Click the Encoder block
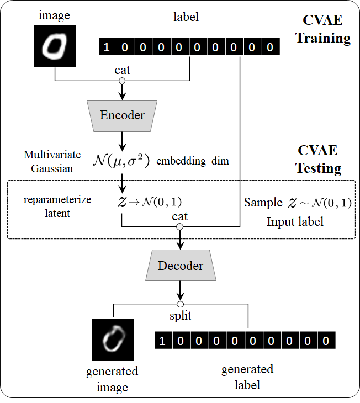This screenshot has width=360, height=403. click(x=122, y=115)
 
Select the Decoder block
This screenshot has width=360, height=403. click(x=180, y=266)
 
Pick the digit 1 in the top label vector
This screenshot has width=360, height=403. click(x=107, y=47)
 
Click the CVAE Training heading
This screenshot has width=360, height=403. click(x=323, y=30)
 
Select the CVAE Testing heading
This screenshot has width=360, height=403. click(x=319, y=160)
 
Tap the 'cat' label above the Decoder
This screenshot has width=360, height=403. click(x=179, y=216)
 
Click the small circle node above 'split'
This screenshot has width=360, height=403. click(x=180, y=304)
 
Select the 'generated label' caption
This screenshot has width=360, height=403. click(x=247, y=377)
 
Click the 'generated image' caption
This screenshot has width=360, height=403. click(x=112, y=379)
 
